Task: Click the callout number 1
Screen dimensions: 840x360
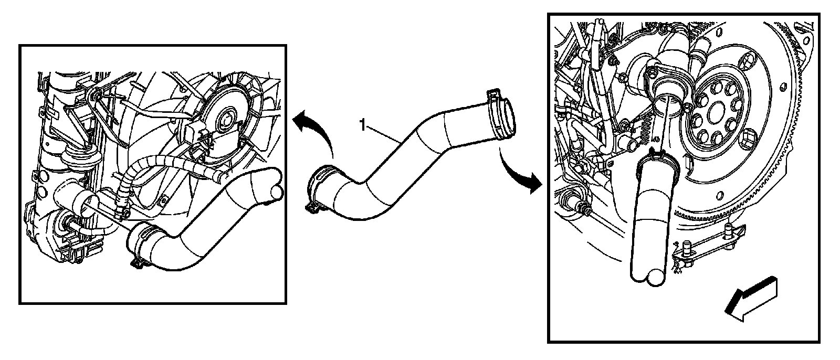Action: [x=362, y=124]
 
